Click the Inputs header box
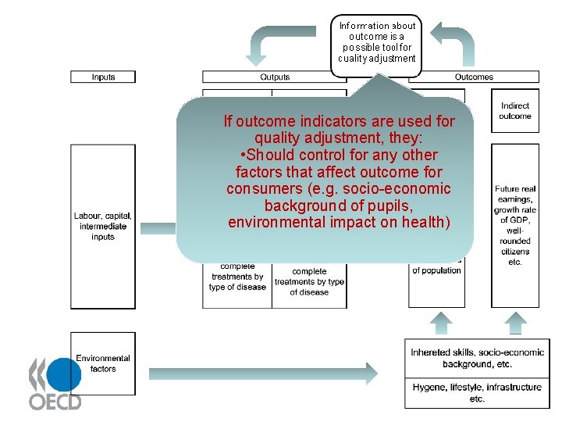[103, 77]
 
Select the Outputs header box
[274, 77]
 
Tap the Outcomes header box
[474, 77]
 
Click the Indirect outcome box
[515, 111]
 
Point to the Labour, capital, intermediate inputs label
[103, 226]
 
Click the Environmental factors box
[103, 363]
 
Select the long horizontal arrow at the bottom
[265, 373]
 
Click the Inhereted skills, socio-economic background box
[477, 358]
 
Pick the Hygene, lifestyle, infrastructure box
[477, 392]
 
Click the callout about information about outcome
[376, 42]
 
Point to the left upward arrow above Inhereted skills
[442, 323]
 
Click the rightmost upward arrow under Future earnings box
[515, 323]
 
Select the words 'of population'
[436, 270]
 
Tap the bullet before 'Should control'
[244, 155]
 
